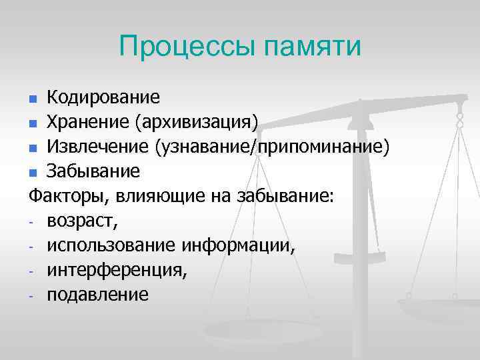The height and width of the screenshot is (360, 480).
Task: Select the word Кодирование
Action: click(x=103, y=98)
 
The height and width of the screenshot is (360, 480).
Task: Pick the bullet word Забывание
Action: click(x=93, y=171)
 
